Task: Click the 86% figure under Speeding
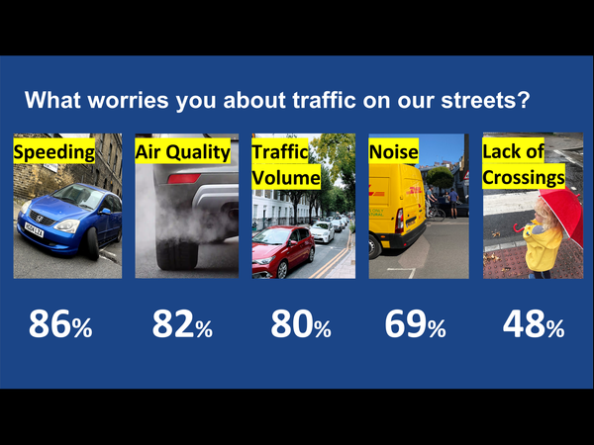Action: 60,325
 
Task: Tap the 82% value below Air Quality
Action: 182,325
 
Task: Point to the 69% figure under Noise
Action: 416,325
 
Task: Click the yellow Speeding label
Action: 54,152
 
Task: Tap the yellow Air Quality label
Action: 182,152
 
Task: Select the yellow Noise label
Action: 393,152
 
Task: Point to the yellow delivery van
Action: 396,208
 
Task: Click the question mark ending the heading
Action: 523,101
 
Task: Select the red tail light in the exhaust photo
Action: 183,179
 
